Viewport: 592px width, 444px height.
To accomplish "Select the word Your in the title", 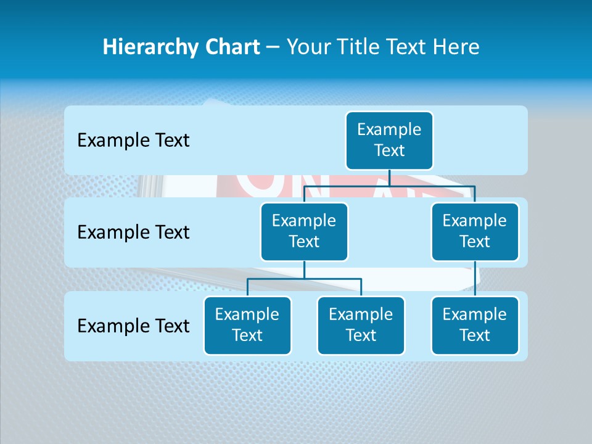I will click(x=308, y=47).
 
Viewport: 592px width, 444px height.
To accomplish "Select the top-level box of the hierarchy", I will click(x=389, y=140).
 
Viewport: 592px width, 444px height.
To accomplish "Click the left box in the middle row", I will click(x=304, y=231).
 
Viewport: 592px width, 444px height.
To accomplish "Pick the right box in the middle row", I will click(x=475, y=231).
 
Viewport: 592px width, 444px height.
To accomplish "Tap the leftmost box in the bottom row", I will click(x=247, y=325).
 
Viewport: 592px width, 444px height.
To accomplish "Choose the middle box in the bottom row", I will click(x=361, y=325).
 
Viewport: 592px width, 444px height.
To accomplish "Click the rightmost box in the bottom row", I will click(x=475, y=325).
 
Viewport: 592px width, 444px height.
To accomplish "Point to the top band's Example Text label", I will click(x=133, y=140).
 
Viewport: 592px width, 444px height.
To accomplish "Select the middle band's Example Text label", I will click(x=133, y=232).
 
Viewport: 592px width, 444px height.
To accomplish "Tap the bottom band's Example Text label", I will click(x=133, y=326).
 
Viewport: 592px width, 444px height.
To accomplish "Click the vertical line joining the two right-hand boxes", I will click(x=475, y=279).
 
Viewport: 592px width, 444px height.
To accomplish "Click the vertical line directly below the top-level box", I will click(x=389, y=178).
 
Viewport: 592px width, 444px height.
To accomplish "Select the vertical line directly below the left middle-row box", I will click(x=304, y=270).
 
